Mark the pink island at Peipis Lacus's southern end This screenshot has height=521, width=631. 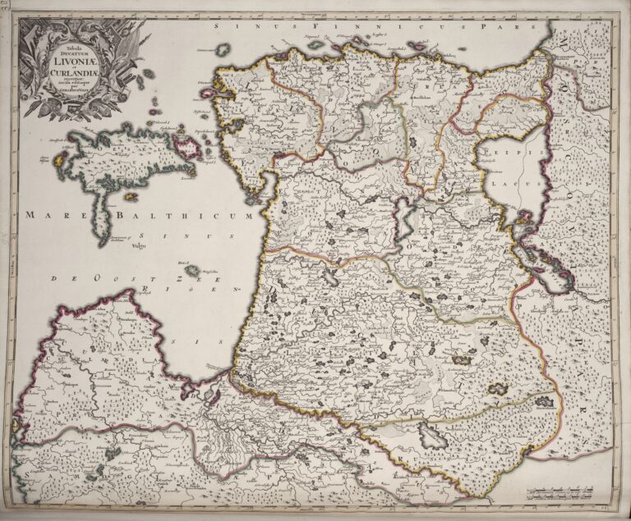point(522,218)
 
